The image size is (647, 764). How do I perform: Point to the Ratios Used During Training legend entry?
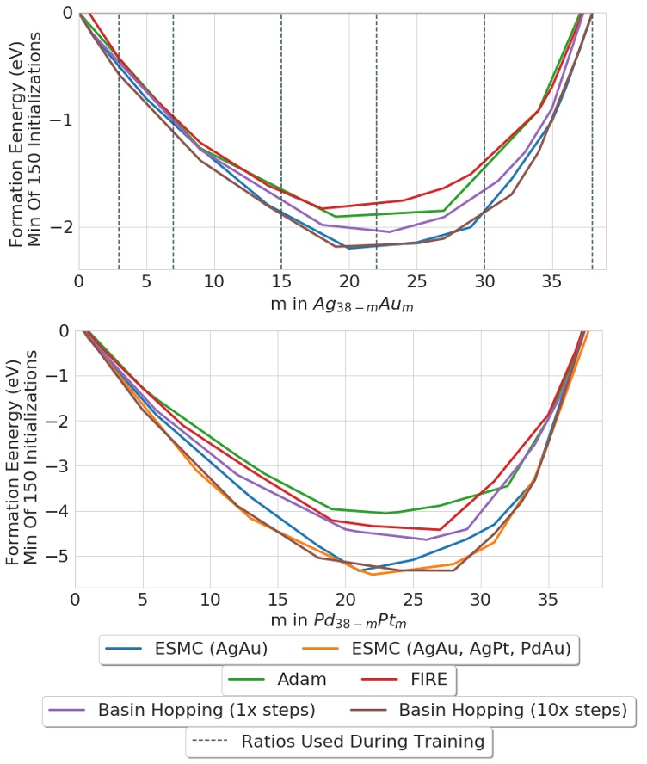pyautogui.click(x=339, y=740)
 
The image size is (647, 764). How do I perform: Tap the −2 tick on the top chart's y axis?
pyautogui.click(x=61, y=227)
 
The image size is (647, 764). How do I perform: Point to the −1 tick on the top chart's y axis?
pyautogui.click(x=61, y=120)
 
